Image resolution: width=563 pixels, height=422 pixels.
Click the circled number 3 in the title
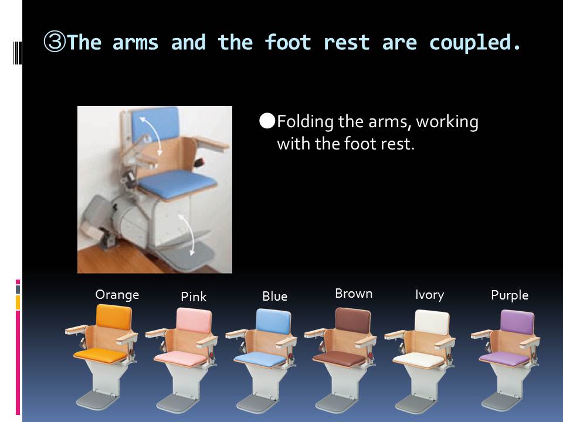point(55,42)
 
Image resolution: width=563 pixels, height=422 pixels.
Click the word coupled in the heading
point(474,43)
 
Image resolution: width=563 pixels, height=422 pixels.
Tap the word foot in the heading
point(287,42)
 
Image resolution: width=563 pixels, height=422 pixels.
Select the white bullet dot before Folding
point(267,121)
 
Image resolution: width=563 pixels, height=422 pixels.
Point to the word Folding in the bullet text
point(305,122)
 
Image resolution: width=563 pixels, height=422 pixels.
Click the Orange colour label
point(117,295)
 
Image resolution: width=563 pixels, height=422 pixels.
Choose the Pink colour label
point(194,297)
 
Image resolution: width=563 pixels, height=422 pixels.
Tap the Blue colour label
point(274,297)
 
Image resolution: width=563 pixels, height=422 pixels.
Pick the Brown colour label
point(354,294)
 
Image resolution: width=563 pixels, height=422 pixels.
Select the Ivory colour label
point(429,295)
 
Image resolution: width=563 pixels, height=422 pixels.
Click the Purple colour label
point(510,295)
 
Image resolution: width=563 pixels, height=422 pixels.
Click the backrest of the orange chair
point(114,317)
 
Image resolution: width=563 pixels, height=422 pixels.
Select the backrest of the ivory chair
point(432,322)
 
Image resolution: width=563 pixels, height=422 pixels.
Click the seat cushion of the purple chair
point(505,359)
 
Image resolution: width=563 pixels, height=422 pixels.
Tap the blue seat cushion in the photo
point(177,183)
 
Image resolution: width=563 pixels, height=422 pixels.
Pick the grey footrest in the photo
point(186,256)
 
